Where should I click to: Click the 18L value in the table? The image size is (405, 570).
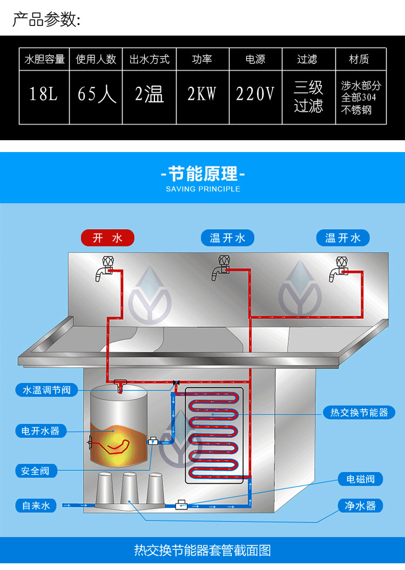point(44,94)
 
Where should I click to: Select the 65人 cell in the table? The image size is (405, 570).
point(96,94)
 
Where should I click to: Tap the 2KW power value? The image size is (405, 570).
point(201,94)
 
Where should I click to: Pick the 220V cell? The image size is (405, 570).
point(255,94)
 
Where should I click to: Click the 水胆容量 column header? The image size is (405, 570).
point(44,59)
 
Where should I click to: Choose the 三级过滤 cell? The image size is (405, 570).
point(308,96)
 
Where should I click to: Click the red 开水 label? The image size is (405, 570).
point(107,238)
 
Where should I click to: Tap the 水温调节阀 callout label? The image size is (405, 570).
point(46,389)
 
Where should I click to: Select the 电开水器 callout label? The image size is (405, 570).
point(40,430)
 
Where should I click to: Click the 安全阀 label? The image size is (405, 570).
point(36,470)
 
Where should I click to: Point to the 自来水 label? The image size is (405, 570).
point(36,505)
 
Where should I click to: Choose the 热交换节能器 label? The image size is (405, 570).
point(359,413)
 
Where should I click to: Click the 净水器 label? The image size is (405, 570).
point(360,505)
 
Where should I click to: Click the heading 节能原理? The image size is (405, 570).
point(202,174)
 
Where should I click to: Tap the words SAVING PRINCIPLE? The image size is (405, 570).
point(202,189)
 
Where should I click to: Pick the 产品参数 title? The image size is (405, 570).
point(46,20)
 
